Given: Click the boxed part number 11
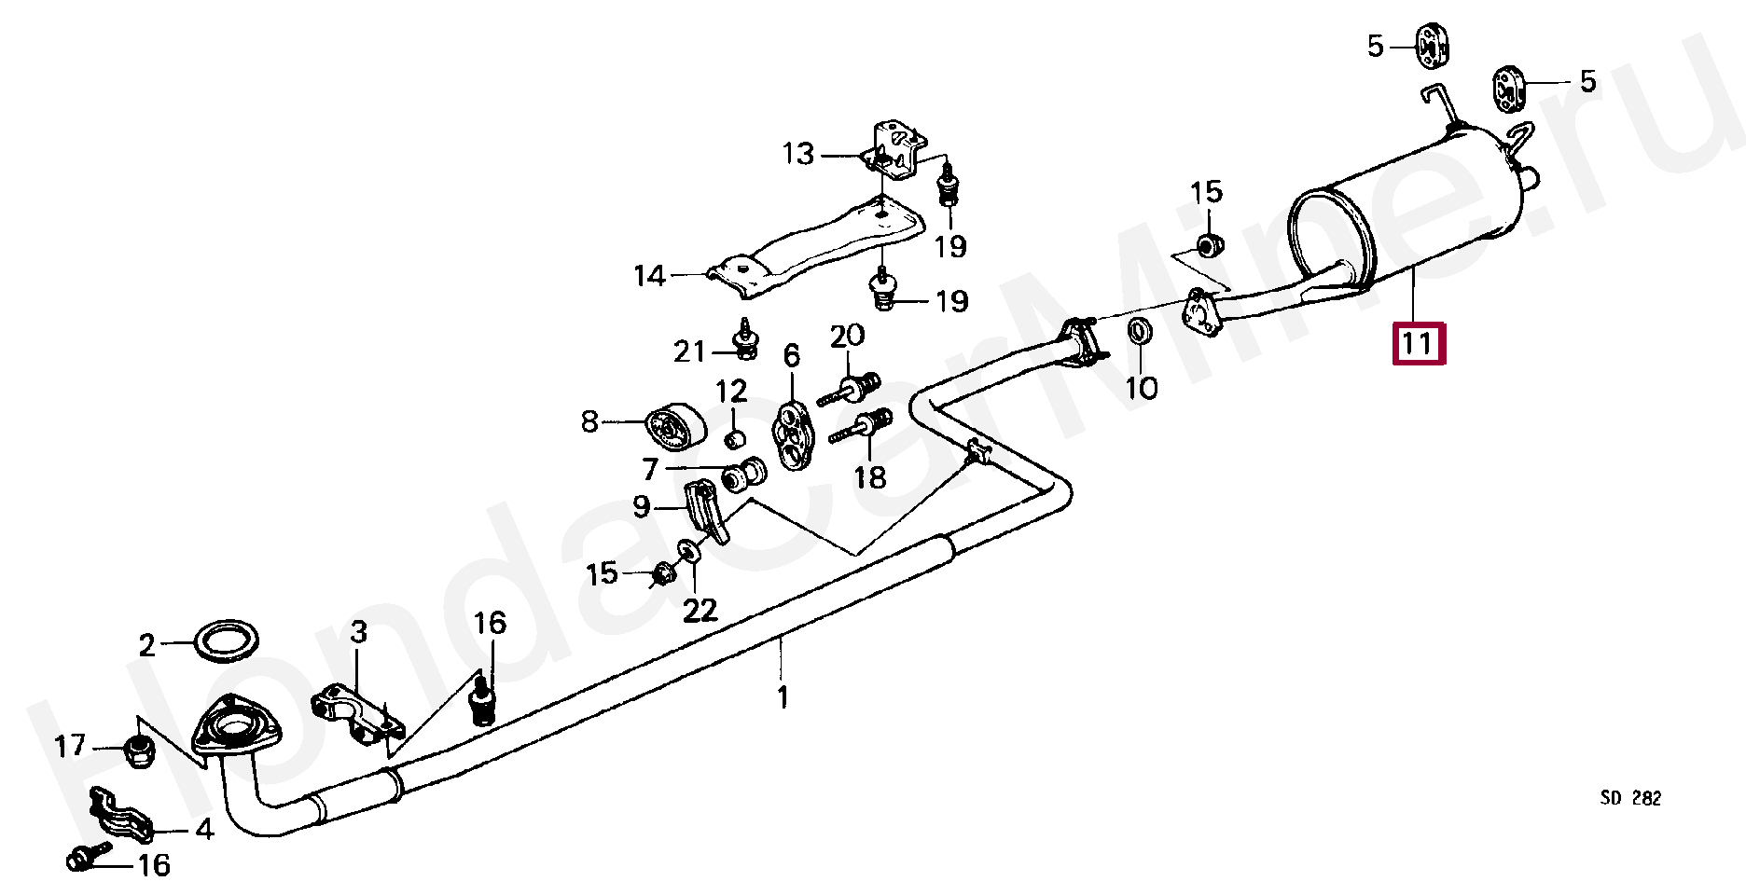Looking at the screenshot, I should coord(1418,343).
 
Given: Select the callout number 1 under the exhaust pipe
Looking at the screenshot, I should coord(783,696).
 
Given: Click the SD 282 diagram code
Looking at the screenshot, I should coord(1630,798).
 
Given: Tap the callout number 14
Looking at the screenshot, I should coord(650,275).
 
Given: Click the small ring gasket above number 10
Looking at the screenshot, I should coord(1139,330).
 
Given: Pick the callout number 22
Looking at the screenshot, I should coord(700,610).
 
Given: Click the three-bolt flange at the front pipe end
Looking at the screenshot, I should coord(234,726).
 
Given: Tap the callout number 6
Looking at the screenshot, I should coord(791,355).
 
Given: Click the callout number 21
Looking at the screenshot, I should coord(690,351).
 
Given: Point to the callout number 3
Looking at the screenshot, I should coord(359,632).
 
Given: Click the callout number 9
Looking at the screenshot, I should coord(642,506).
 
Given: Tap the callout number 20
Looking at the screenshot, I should coord(847,336).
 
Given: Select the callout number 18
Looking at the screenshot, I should coord(869,477).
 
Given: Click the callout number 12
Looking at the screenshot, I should coord(732,392).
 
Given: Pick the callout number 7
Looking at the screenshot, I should coord(651,468).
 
